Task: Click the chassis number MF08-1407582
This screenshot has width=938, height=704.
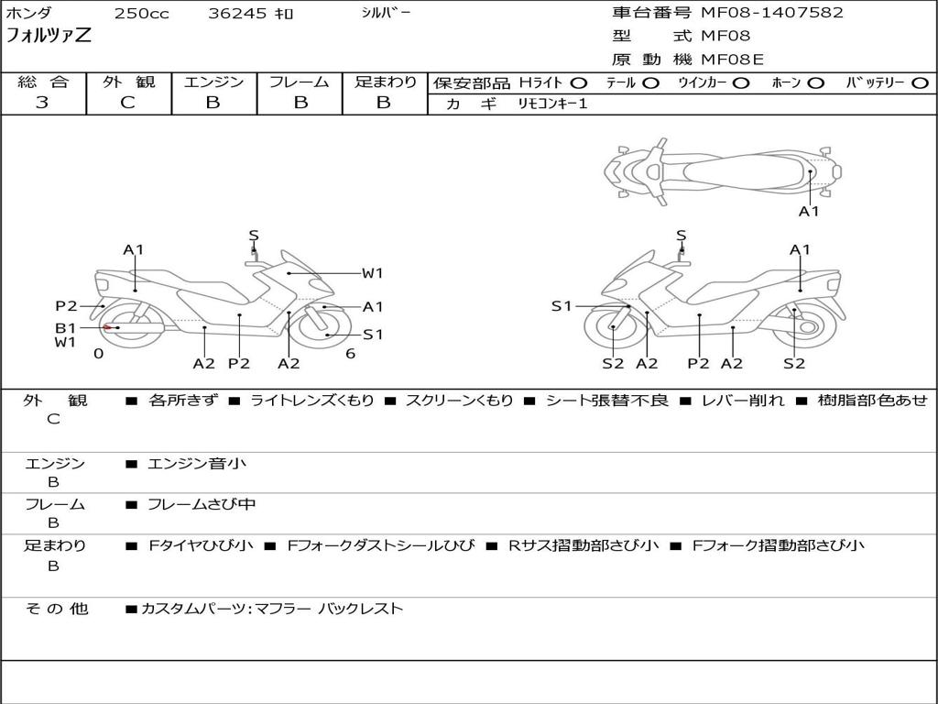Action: [771, 12]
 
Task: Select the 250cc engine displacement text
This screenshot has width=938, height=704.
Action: [142, 13]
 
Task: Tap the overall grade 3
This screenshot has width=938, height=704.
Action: [42, 102]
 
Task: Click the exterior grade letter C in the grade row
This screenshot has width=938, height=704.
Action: [127, 102]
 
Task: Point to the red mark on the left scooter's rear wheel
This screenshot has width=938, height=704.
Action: [108, 327]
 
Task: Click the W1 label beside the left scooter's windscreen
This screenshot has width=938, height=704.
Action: [372, 273]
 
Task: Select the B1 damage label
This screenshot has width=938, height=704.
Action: [66, 327]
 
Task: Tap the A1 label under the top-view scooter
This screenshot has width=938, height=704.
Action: [809, 212]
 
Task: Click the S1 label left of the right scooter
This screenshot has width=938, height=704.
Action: [562, 306]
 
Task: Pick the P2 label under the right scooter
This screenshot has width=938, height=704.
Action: [698, 363]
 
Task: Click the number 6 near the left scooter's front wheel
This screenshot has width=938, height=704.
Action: [351, 354]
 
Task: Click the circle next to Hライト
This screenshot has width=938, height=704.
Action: [578, 83]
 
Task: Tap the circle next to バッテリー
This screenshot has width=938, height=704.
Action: [920, 83]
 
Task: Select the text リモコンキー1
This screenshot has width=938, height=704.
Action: [552, 104]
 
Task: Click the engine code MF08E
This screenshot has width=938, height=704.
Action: [732, 59]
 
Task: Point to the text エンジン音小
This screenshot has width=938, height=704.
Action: [196, 463]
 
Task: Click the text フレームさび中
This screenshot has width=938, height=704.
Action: [202, 505]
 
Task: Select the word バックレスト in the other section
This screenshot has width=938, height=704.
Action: [361, 609]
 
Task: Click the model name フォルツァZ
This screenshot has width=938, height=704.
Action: [49, 35]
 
